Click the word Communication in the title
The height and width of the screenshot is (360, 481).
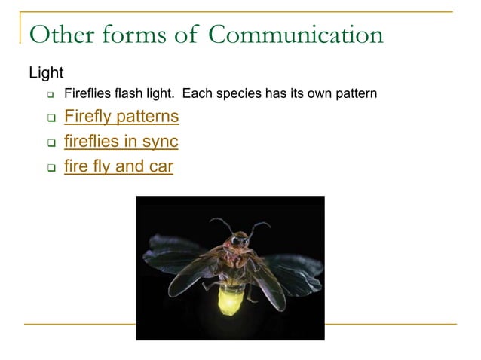coord(296,34)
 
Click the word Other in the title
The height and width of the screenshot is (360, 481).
coord(63,34)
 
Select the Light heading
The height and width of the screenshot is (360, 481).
coord(46,73)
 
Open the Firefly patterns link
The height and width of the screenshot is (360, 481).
coord(121,117)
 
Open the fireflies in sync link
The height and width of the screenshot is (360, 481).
coord(121,142)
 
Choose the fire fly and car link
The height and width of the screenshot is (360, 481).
coord(118,166)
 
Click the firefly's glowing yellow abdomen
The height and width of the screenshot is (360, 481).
coord(229,300)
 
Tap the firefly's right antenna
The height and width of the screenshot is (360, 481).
coord(259,225)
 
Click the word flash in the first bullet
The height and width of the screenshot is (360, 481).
coord(131,94)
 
